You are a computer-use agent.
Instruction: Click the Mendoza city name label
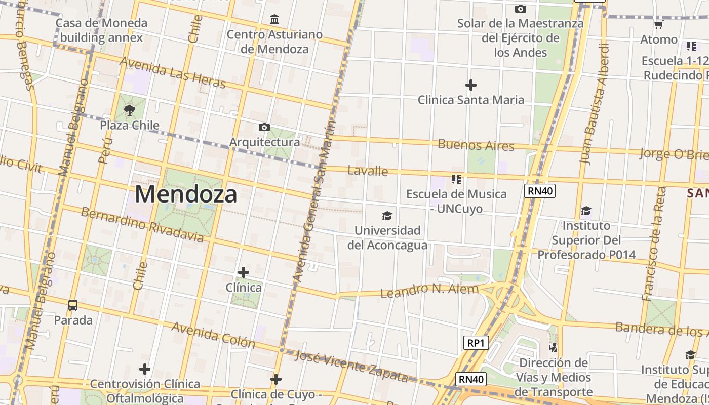point(186,194)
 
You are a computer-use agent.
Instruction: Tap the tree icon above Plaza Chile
point(130,110)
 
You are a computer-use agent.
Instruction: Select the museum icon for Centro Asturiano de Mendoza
point(274,20)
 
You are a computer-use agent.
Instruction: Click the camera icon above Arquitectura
point(264,127)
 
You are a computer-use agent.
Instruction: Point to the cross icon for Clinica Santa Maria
point(471,85)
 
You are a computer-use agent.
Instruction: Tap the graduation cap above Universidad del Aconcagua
point(387,216)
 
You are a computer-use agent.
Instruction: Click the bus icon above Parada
point(73,305)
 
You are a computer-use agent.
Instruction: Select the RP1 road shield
point(476,343)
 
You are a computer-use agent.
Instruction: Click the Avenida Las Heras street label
point(173,72)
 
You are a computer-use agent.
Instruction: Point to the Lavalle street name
point(368,171)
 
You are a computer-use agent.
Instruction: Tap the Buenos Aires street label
point(476,145)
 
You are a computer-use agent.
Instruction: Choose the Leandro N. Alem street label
point(429,291)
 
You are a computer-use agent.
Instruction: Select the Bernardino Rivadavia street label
point(142,224)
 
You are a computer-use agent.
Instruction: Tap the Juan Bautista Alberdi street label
point(595,104)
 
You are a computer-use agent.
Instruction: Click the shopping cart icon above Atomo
point(658,24)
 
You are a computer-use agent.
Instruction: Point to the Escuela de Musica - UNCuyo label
point(456,201)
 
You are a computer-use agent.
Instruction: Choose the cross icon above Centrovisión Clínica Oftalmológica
point(145,369)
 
